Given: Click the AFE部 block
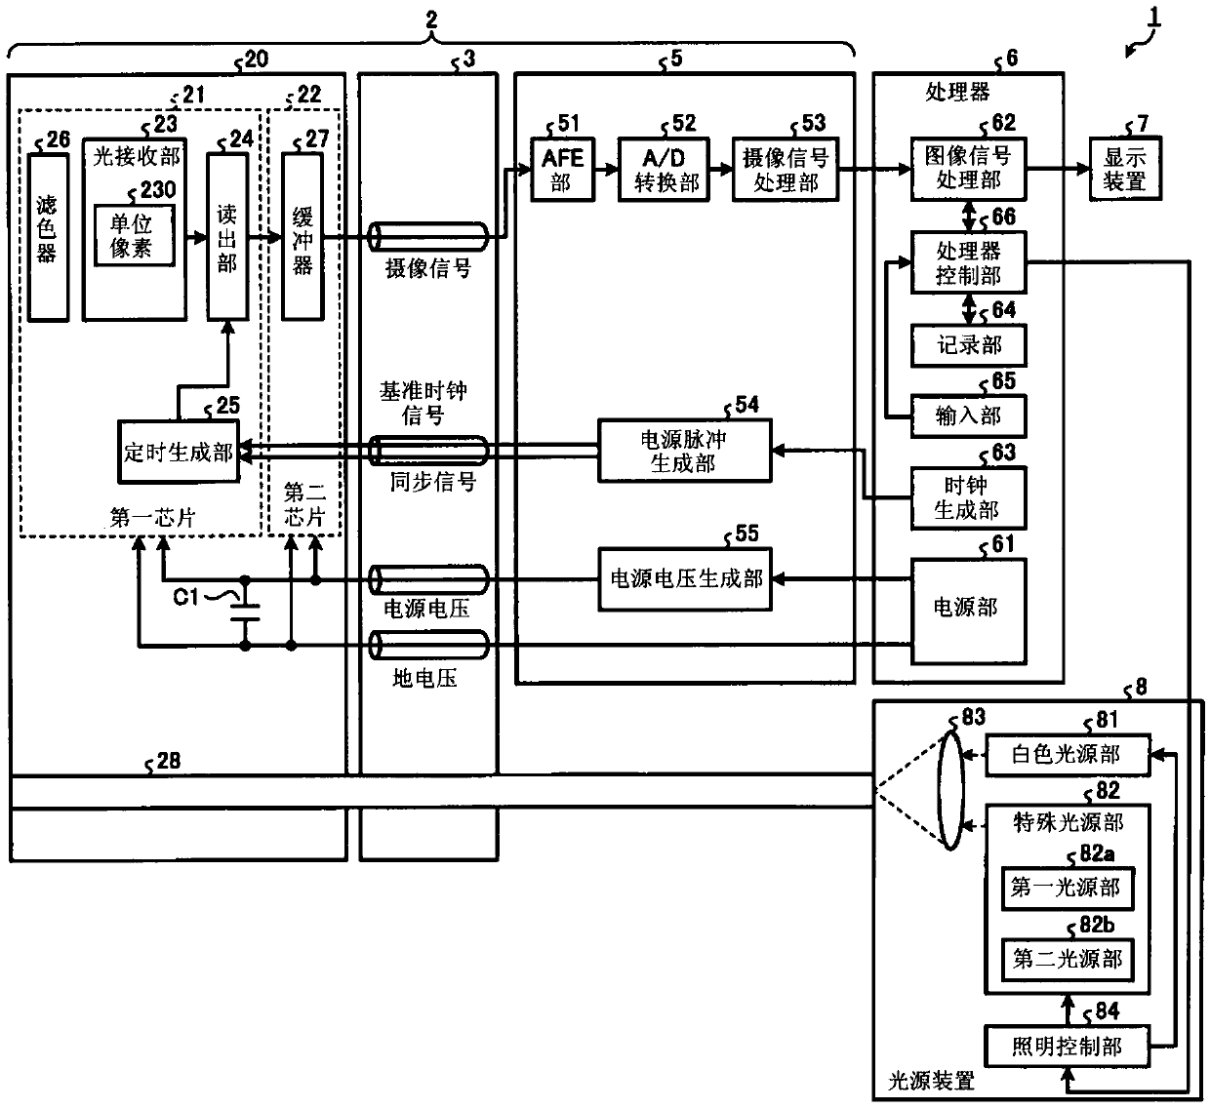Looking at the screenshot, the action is (562, 170).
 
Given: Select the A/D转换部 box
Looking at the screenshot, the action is (664, 170).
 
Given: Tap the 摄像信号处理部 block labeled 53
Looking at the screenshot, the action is (786, 170).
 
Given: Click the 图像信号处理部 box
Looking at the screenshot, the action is (968, 169).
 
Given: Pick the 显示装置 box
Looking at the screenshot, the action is (1125, 169).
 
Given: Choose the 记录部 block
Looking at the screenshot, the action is (968, 345).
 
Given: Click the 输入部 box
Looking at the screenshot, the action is (968, 416).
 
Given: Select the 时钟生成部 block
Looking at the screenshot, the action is (968, 498).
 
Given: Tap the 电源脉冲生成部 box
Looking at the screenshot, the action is (685, 452).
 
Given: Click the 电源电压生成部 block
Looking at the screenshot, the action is (685, 579).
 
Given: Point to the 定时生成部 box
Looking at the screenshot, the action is (179, 452).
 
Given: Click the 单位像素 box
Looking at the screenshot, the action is (134, 235).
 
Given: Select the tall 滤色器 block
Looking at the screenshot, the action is (48, 237).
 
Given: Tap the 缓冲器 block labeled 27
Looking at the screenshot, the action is (302, 236).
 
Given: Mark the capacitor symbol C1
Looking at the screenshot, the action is (245, 613).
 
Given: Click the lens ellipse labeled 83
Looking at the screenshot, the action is (951, 789).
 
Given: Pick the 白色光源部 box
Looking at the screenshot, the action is (1068, 755).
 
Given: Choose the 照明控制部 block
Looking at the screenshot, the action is (1067, 1047).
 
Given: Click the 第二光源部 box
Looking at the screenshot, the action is (1068, 959).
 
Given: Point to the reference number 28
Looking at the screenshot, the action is (168, 761).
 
